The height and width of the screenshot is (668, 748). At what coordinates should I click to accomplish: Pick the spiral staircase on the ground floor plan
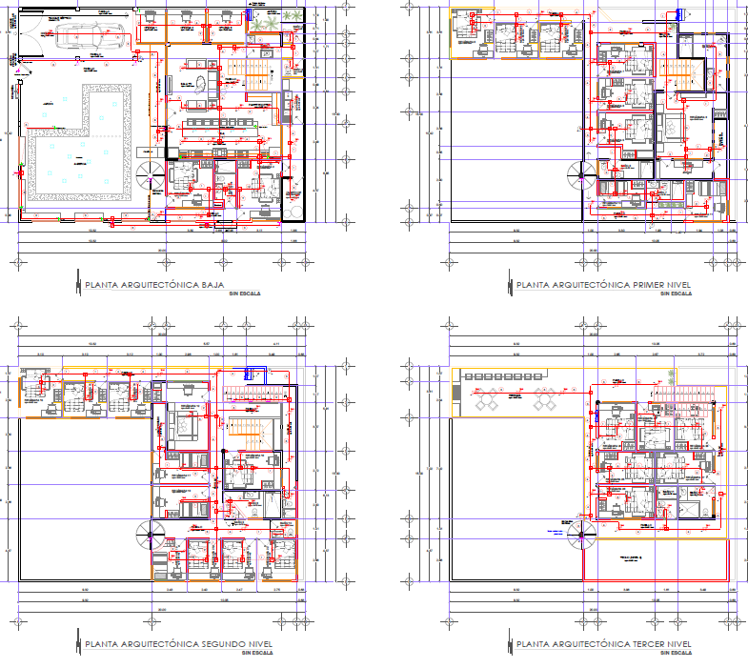tap(151, 176)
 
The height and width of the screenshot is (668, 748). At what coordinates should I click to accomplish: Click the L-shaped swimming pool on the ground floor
tap(71, 152)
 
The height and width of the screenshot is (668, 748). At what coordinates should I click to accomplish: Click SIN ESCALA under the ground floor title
tap(244, 294)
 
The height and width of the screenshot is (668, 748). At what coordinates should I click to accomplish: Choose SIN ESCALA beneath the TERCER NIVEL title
tap(675, 655)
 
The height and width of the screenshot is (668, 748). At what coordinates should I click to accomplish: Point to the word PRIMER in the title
tap(652, 284)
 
